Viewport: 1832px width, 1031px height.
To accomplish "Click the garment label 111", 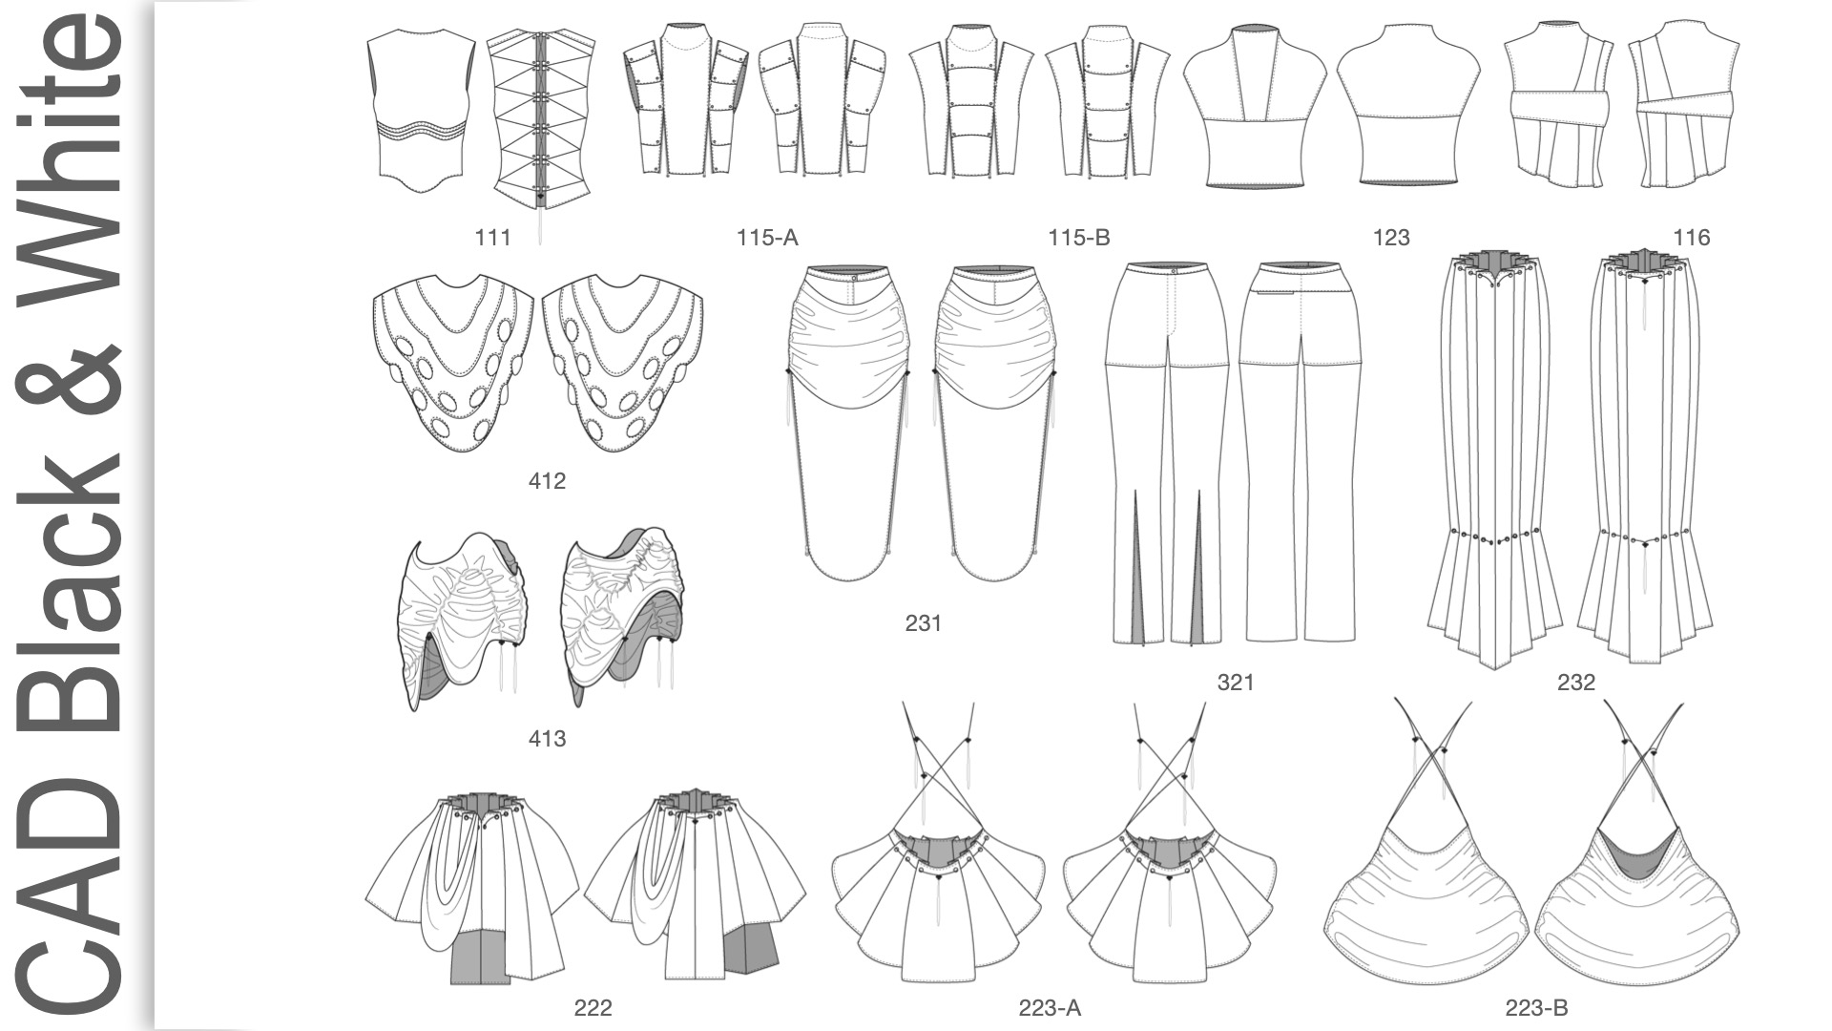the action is (492, 238).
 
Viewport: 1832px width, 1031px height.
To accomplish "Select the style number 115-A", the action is (766, 238).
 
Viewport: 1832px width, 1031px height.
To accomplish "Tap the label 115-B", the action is (1078, 238).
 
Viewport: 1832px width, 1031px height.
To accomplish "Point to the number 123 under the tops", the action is (1390, 238).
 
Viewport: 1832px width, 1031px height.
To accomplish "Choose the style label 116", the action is (1691, 238).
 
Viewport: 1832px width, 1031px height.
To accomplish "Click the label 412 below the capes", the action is (547, 481).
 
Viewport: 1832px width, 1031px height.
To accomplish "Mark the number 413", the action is (547, 739).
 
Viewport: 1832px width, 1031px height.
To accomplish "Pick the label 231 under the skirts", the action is (923, 623).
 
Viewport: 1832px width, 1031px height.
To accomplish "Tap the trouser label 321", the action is (1235, 683).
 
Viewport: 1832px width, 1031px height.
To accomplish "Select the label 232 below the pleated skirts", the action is (1575, 683).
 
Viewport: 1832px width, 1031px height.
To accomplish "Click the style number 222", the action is (593, 1008).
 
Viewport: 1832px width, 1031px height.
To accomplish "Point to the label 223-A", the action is (1049, 1008).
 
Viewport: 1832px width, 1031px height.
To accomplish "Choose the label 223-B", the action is (1536, 1008).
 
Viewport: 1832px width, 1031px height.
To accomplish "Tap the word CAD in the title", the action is (72, 888).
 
